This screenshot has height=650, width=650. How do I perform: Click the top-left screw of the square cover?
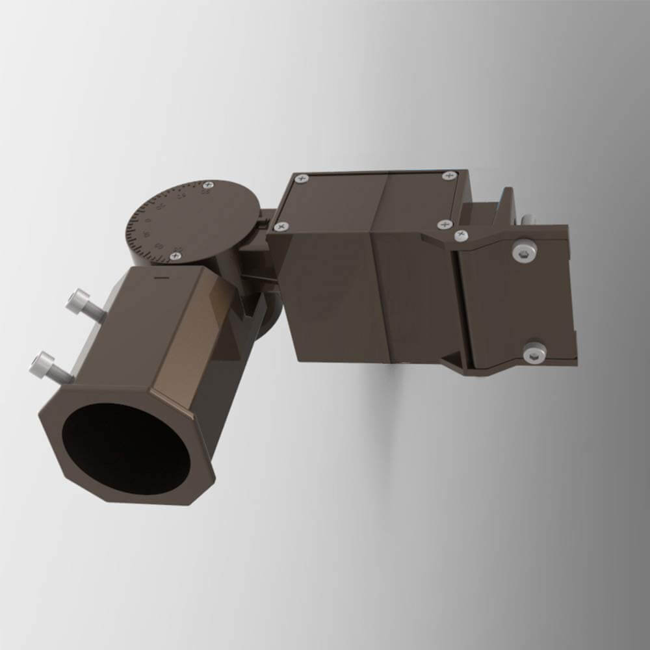click(x=300, y=179)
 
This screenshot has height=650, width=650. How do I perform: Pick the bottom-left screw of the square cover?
click(x=280, y=227)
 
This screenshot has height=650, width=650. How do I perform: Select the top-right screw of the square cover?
click(x=447, y=175)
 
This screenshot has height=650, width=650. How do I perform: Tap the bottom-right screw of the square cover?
click(x=445, y=224)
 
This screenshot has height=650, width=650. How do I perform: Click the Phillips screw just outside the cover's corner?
click(x=461, y=234)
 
